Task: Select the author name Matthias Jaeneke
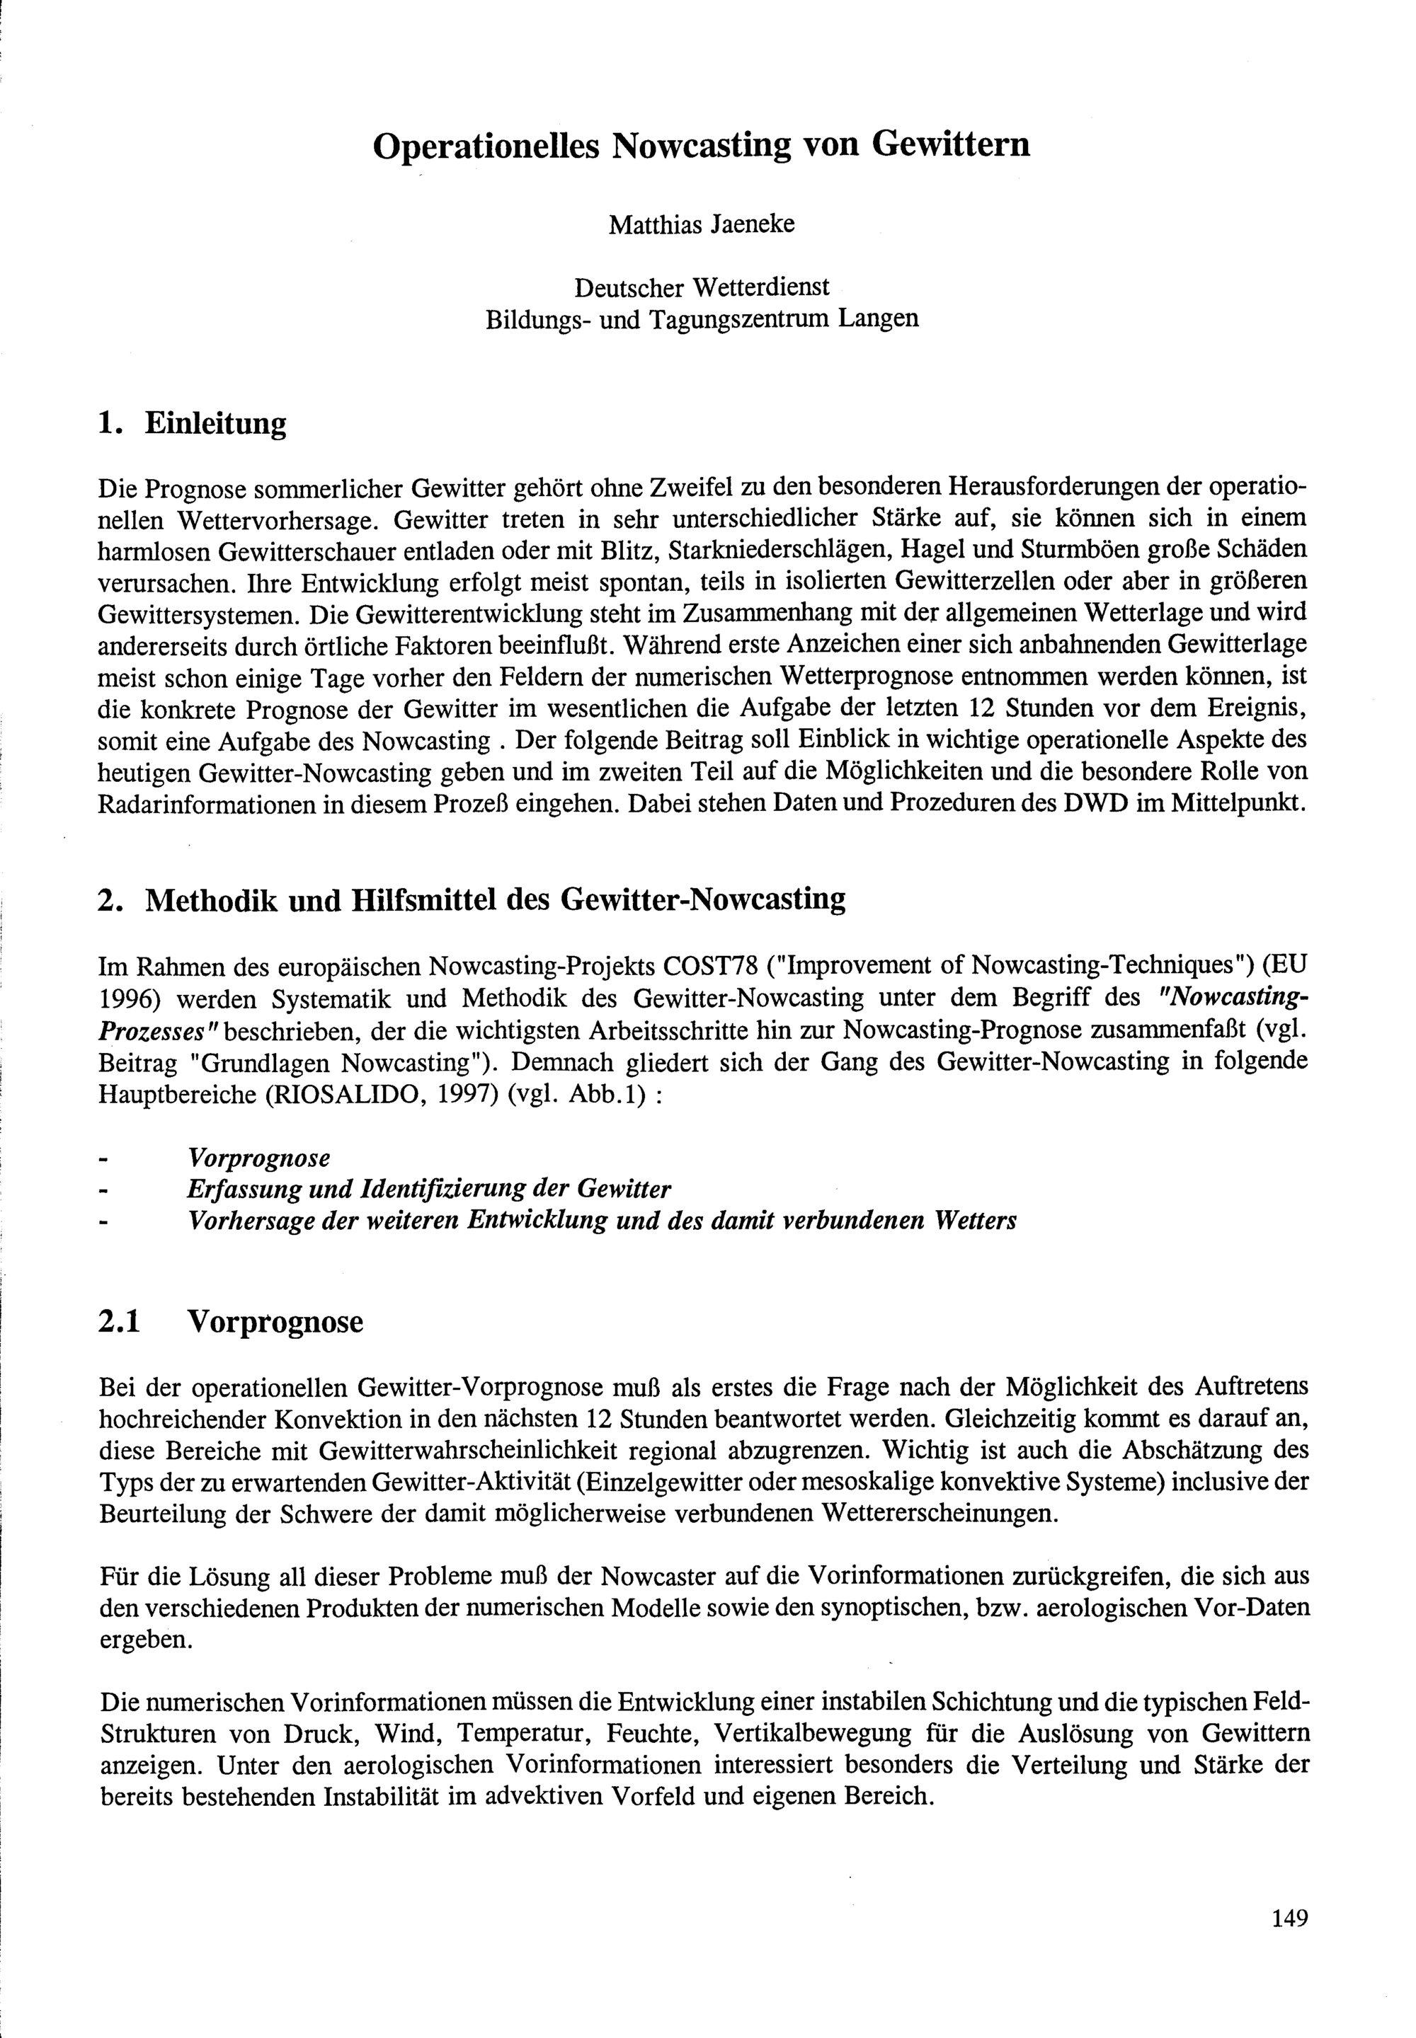pyautogui.click(x=701, y=224)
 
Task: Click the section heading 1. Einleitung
pyautogui.click(x=193, y=423)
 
